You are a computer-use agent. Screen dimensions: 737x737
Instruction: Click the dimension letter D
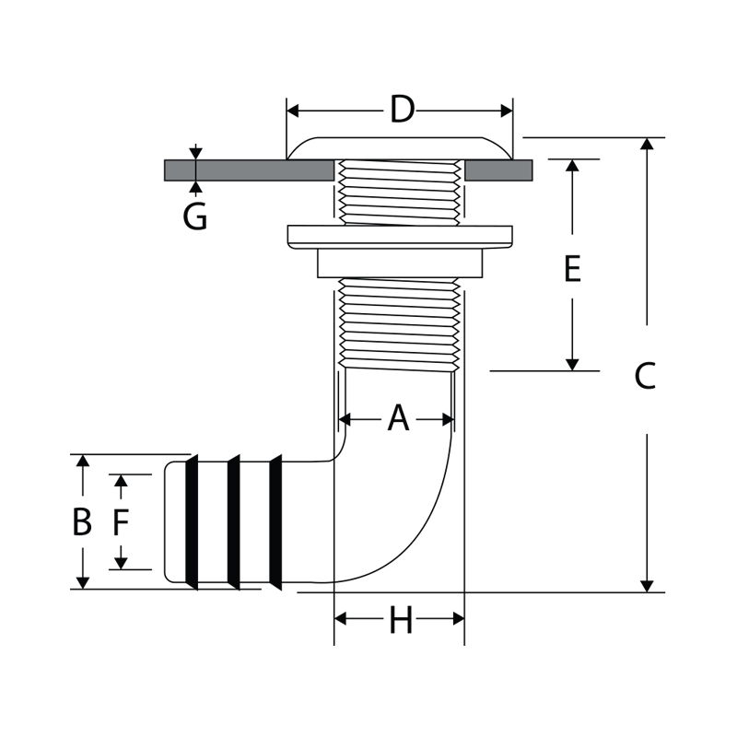[402, 111]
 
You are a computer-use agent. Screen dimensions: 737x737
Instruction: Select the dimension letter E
[572, 270]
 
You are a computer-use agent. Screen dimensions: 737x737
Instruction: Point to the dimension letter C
[646, 376]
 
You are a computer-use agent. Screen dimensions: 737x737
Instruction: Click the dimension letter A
[397, 419]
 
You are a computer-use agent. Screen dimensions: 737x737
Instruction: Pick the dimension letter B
[82, 522]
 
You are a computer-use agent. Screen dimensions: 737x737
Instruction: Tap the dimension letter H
[400, 622]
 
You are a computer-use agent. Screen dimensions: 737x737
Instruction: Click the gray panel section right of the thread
[497, 170]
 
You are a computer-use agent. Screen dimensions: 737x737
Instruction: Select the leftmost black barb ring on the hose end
[193, 521]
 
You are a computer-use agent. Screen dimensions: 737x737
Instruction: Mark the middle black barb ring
[234, 521]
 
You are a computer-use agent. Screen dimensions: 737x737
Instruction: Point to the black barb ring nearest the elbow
[275, 521]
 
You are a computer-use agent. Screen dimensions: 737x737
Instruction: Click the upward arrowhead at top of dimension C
[648, 145]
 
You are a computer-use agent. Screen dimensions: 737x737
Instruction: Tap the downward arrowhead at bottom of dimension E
[572, 364]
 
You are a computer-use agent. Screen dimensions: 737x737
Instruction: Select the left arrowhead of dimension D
[294, 111]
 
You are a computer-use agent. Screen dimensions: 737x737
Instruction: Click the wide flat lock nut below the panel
[400, 236]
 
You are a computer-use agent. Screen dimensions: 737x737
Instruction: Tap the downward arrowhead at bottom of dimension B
[83, 582]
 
